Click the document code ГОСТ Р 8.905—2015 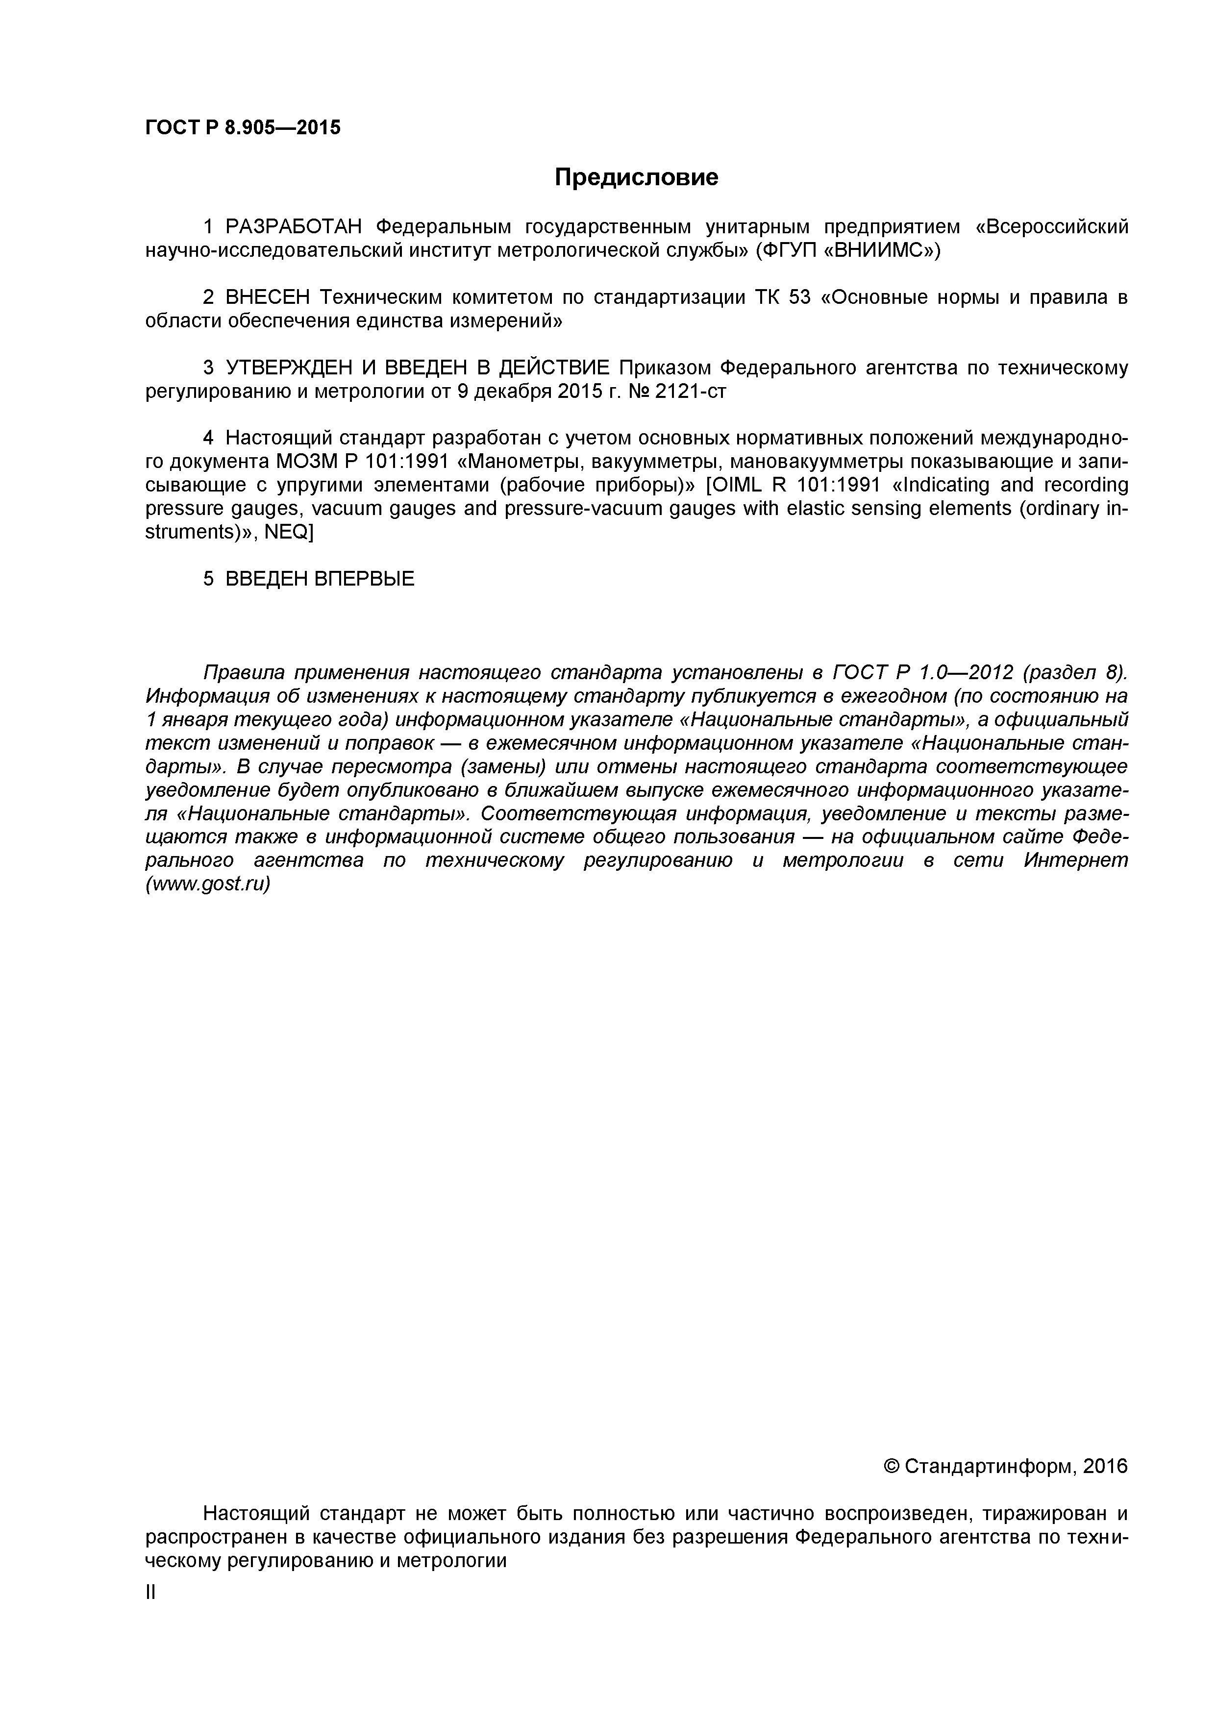pos(243,128)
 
